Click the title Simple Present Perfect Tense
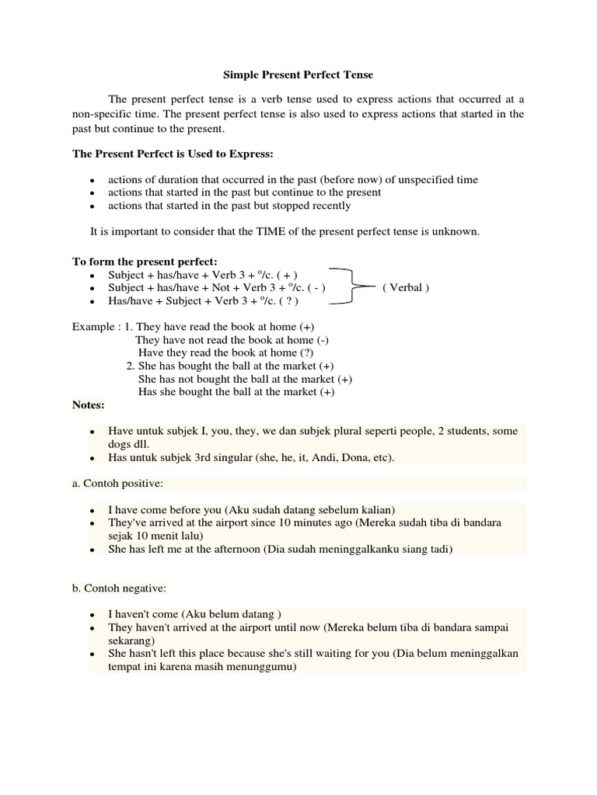pos(298,75)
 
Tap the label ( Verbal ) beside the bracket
pos(405,287)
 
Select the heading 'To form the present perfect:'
pos(145,261)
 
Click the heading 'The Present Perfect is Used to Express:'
pos(173,154)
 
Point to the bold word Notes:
pos(89,404)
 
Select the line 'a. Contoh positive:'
pos(118,483)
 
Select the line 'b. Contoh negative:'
pos(120,588)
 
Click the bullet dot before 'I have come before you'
pos(92,511)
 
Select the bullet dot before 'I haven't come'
pos(92,616)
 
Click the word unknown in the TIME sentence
pos(459,231)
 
